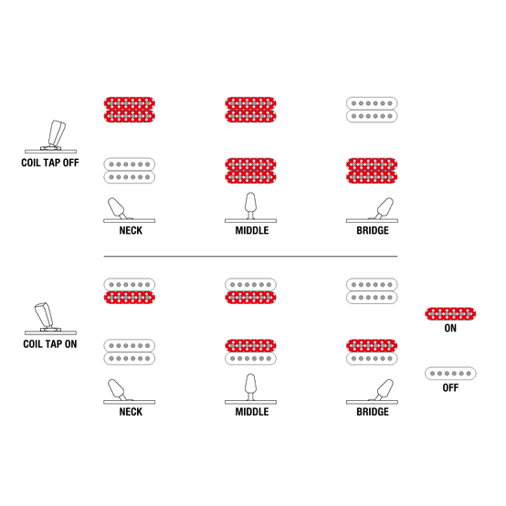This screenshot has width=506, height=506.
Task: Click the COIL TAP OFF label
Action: [50, 163]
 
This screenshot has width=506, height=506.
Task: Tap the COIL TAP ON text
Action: [50, 344]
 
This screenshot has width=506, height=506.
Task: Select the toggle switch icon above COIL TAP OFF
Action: [51, 137]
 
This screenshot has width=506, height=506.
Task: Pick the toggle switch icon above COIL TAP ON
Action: [50, 319]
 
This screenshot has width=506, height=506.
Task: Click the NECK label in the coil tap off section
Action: [131, 230]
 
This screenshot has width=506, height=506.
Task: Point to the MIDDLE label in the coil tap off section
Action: [252, 230]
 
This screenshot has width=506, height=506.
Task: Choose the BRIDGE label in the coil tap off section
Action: [373, 230]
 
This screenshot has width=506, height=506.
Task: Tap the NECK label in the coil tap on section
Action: [131, 412]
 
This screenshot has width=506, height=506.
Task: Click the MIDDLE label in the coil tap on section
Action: [252, 412]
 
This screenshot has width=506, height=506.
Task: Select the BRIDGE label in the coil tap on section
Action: [373, 412]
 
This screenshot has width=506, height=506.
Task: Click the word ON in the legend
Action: [450, 328]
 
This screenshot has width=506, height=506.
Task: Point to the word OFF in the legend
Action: [450, 387]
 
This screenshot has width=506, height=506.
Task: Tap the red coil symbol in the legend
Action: [450, 314]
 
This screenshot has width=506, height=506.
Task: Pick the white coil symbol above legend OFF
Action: [450, 374]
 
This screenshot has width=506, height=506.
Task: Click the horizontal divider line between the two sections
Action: [250, 257]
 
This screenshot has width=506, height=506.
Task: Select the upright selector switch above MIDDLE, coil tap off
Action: [251, 207]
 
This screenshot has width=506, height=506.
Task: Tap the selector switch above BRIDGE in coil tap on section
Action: [372, 392]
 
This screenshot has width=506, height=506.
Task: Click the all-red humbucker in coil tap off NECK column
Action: [130, 110]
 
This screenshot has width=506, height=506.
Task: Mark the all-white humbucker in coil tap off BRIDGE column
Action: [372, 110]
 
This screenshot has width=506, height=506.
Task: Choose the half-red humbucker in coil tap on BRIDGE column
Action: [372, 352]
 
